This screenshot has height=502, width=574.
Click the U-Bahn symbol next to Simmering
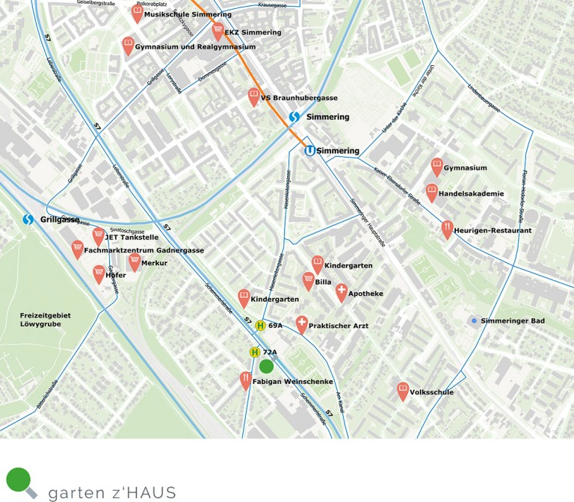pyautogui.click(x=309, y=151)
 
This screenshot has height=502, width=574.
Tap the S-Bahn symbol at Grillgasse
pyautogui.click(x=28, y=220)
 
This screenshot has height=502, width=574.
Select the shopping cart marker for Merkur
pyautogui.click(x=135, y=261)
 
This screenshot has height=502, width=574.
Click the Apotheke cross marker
pyautogui.click(x=342, y=291)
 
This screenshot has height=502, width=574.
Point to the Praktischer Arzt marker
pyautogui.click(x=302, y=324)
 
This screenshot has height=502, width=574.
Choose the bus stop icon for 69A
pyautogui.click(x=260, y=325)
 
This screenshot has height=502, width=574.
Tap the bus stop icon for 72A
pyautogui.click(x=255, y=352)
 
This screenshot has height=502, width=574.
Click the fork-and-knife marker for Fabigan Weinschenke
pyautogui.click(x=246, y=380)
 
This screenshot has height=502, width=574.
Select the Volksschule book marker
pyautogui.click(x=403, y=390)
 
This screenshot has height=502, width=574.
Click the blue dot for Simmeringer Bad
pyautogui.click(x=473, y=320)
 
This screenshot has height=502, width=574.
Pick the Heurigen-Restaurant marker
pyautogui.click(x=447, y=228)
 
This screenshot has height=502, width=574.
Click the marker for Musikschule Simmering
pyautogui.click(x=137, y=12)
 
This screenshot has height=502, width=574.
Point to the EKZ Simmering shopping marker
pyautogui.click(x=218, y=31)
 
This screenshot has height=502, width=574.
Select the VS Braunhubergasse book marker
pyautogui.click(x=254, y=96)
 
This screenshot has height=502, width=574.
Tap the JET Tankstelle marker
pyautogui.click(x=98, y=235)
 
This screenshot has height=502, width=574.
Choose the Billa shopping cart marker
pyautogui.click(x=308, y=280)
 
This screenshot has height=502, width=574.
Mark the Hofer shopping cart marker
pyautogui.click(x=99, y=273)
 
